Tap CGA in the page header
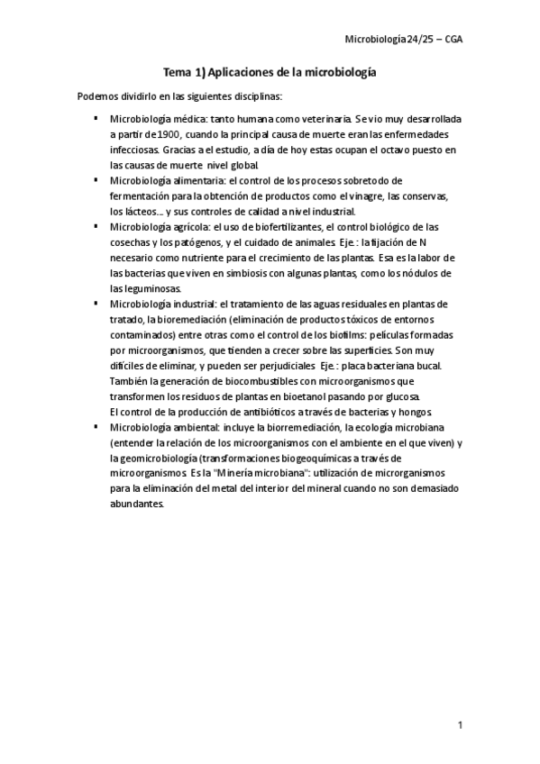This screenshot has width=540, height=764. (x=453, y=40)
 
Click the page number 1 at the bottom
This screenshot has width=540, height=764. (x=460, y=725)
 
